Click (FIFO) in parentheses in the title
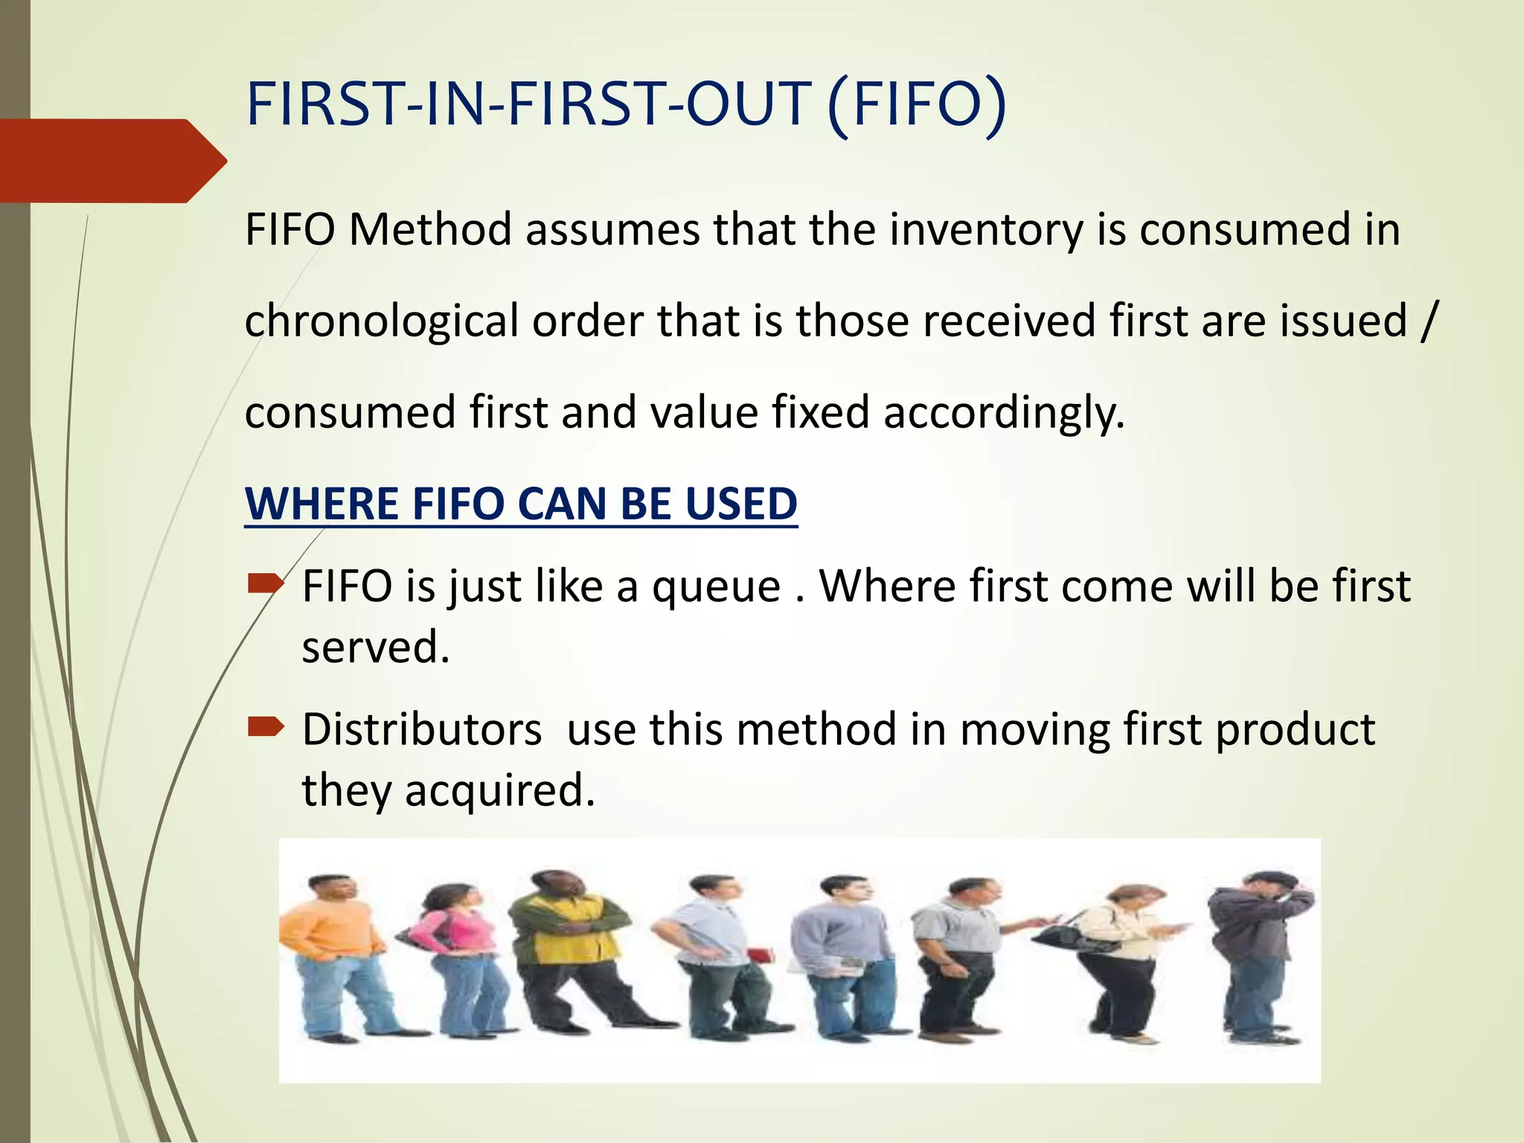[917, 106]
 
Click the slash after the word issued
[1426, 321]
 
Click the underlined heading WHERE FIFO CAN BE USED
[521, 505]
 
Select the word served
[375, 647]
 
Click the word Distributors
[422, 729]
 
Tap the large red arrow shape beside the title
[112, 161]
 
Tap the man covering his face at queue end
[1258, 952]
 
